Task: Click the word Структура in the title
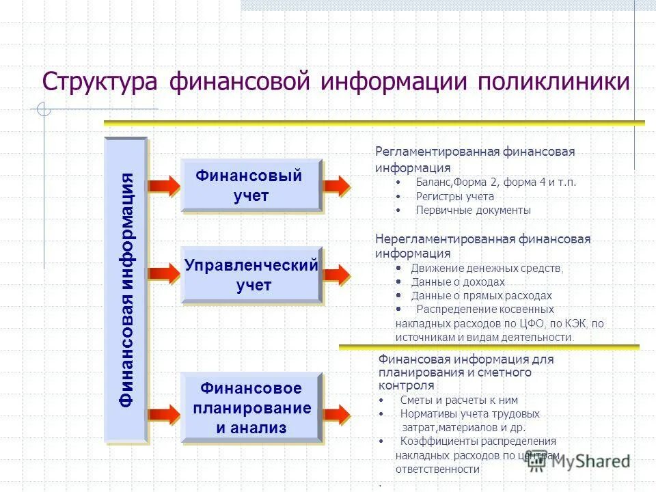point(100,81)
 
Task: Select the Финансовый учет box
point(250,184)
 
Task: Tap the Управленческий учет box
point(251,275)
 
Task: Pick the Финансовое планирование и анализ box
point(251,408)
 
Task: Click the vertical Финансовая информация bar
point(126,290)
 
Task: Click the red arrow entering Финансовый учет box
point(164,185)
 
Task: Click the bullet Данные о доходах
point(458,282)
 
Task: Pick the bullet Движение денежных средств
point(487,268)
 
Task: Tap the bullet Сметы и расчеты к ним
point(459,400)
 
